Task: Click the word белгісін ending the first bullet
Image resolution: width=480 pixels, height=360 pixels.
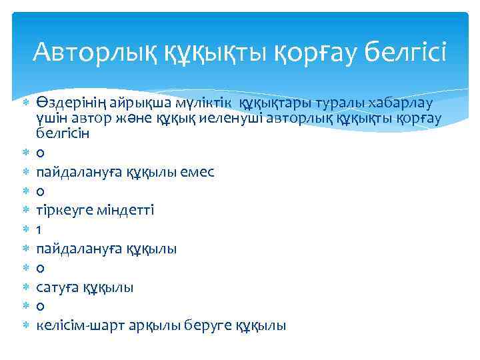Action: coord(59,133)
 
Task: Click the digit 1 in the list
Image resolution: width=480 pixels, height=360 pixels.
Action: coord(39,229)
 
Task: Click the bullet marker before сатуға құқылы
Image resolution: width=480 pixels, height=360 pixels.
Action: coord(25,287)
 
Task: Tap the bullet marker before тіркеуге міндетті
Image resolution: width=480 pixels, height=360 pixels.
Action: coord(25,210)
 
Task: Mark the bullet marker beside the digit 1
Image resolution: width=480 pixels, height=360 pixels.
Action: coord(25,229)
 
